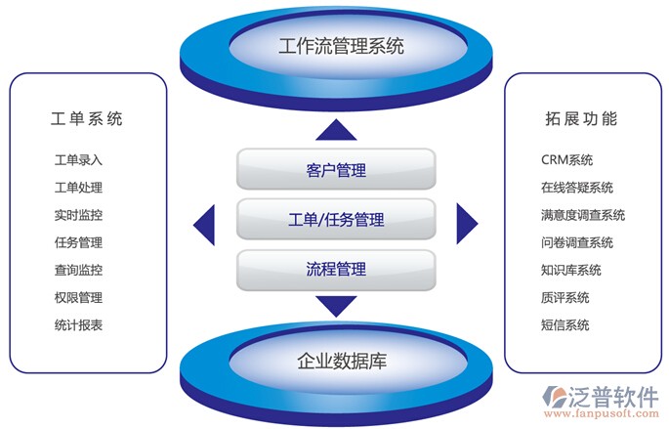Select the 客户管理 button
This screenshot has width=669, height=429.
tap(335, 170)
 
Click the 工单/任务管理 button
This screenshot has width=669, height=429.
tap(335, 220)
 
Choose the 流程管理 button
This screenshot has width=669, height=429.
tap(335, 269)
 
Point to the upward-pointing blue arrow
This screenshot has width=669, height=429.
tap(335, 130)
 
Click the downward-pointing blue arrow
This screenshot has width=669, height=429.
tap(335, 306)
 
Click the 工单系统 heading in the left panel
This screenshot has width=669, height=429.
tap(86, 119)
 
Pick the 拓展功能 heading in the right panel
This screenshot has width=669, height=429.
tap(581, 119)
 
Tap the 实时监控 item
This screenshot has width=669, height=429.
tap(78, 215)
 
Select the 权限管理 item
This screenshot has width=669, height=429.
tap(78, 298)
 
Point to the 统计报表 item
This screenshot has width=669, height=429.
tap(78, 325)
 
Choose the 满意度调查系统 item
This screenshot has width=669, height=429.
tap(582, 215)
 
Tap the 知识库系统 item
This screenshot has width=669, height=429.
tap(570, 271)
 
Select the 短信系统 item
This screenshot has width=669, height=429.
tap(564, 325)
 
